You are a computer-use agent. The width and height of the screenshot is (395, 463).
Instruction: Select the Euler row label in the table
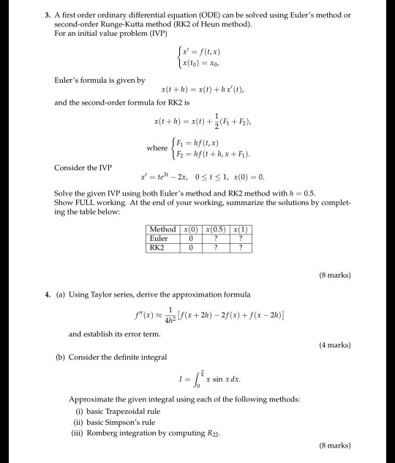point(159,238)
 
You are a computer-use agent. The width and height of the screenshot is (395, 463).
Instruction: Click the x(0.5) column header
point(217,230)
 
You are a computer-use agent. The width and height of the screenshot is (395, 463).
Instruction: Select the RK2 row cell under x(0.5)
point(217,247)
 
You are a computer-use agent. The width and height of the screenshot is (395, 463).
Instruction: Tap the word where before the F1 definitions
point(157,147)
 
